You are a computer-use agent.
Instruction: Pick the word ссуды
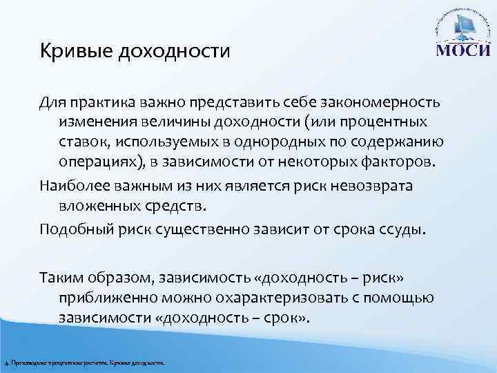coord(408,229)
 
